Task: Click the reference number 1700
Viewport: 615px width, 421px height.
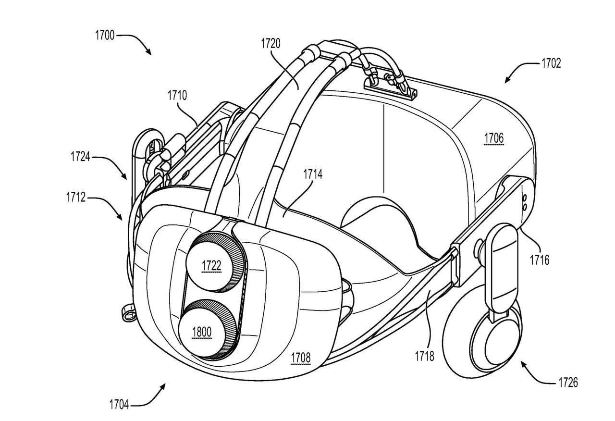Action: (105, 35)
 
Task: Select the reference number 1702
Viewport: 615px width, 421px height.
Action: (551, 63)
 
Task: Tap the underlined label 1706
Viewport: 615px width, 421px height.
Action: (493, 138)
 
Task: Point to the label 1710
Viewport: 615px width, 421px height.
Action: (177, 95)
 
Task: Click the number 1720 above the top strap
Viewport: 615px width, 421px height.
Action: (271, 44)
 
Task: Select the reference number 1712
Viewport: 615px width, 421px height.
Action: (76, 197)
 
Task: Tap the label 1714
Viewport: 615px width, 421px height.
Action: (312, 174)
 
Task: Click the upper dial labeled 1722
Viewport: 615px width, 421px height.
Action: (211, 266)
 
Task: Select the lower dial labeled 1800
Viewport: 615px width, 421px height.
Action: (201, 332)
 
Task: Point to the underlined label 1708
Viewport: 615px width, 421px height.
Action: (300, 358)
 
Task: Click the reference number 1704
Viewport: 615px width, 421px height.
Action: (119, 405)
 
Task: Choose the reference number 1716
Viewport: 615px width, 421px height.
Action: (539, 260)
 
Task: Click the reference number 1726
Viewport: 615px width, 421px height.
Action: (567, 383)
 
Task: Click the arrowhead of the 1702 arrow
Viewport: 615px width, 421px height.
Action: (506, 82)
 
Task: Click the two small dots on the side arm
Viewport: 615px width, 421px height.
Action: (524, 201)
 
